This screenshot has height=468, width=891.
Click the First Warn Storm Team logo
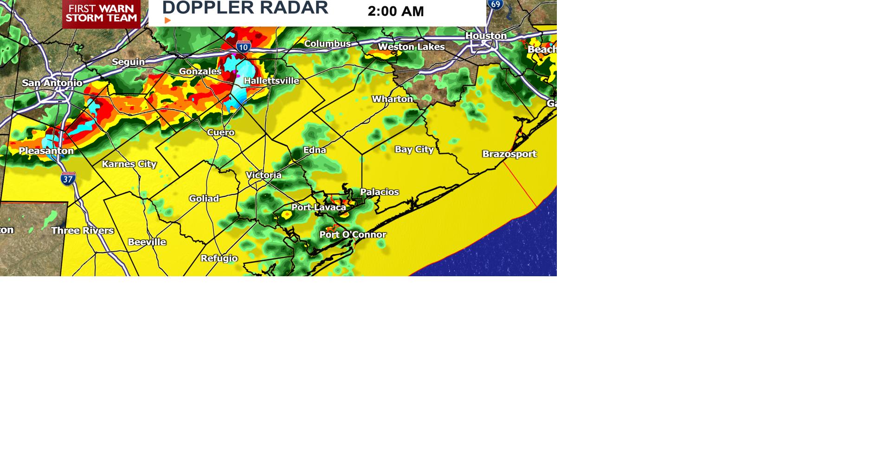coord(101,13)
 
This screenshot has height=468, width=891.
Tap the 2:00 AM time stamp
coord(395,11)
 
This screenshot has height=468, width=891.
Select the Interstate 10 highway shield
coord(243,46)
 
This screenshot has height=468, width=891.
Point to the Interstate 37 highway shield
coord(68,179)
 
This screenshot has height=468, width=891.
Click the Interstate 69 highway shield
coord(496,5)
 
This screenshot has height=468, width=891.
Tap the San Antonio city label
coord(52,83)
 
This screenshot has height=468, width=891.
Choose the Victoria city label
coord(264,175)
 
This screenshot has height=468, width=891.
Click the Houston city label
coord(486,36)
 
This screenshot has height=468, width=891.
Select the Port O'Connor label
coord(353,234)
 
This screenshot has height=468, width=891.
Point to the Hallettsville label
coord(271,81)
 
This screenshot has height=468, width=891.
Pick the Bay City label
coord(414,149)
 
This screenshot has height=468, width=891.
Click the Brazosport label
coord(509,154)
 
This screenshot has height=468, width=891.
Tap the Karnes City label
coord(129,164)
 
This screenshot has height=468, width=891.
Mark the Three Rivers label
coord(82,230)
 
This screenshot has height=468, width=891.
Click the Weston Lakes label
coord(411,47)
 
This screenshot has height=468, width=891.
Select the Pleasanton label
coord(46,151)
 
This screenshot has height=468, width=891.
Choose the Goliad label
coord(204,199)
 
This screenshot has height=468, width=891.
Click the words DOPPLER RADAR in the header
coord(245,8)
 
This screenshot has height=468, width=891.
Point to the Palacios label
coord(379,192)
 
